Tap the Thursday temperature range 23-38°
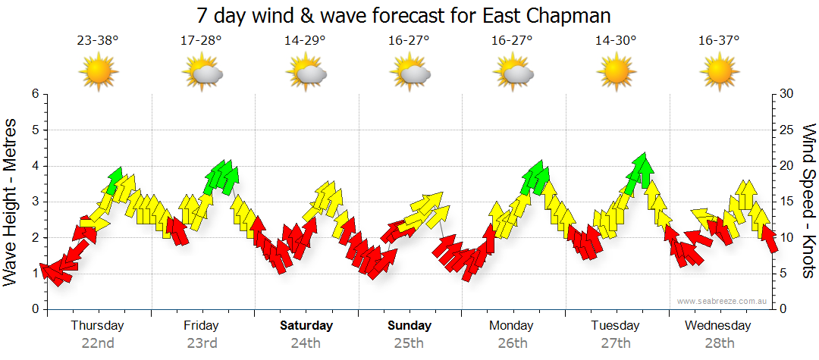point(97,41)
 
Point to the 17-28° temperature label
point(201,41)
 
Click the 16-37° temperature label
point(719,41)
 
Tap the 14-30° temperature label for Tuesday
point(615,41)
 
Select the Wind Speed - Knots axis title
point(808,201)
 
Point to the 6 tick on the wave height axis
point(34,94)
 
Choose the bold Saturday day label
point(306,326)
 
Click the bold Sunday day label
point(409,326)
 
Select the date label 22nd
point(98,343)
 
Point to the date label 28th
point(717,343)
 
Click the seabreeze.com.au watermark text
point(723,301)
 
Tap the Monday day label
point(512,326)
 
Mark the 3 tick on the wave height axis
point(34,202)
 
